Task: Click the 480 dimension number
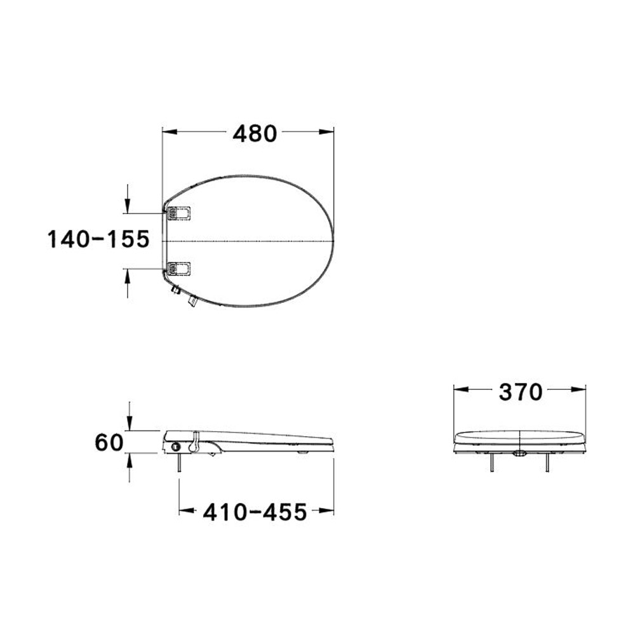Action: [255, 133]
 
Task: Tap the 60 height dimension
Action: [109, 441]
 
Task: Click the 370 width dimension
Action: [520, 392]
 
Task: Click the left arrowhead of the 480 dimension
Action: [169, 132]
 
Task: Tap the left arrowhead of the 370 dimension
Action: [460, 390]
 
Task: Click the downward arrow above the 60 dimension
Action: [130, 424]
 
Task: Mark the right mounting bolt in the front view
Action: [547, 464]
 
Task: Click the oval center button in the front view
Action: [519, 453]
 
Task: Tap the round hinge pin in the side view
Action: [175, 447]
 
